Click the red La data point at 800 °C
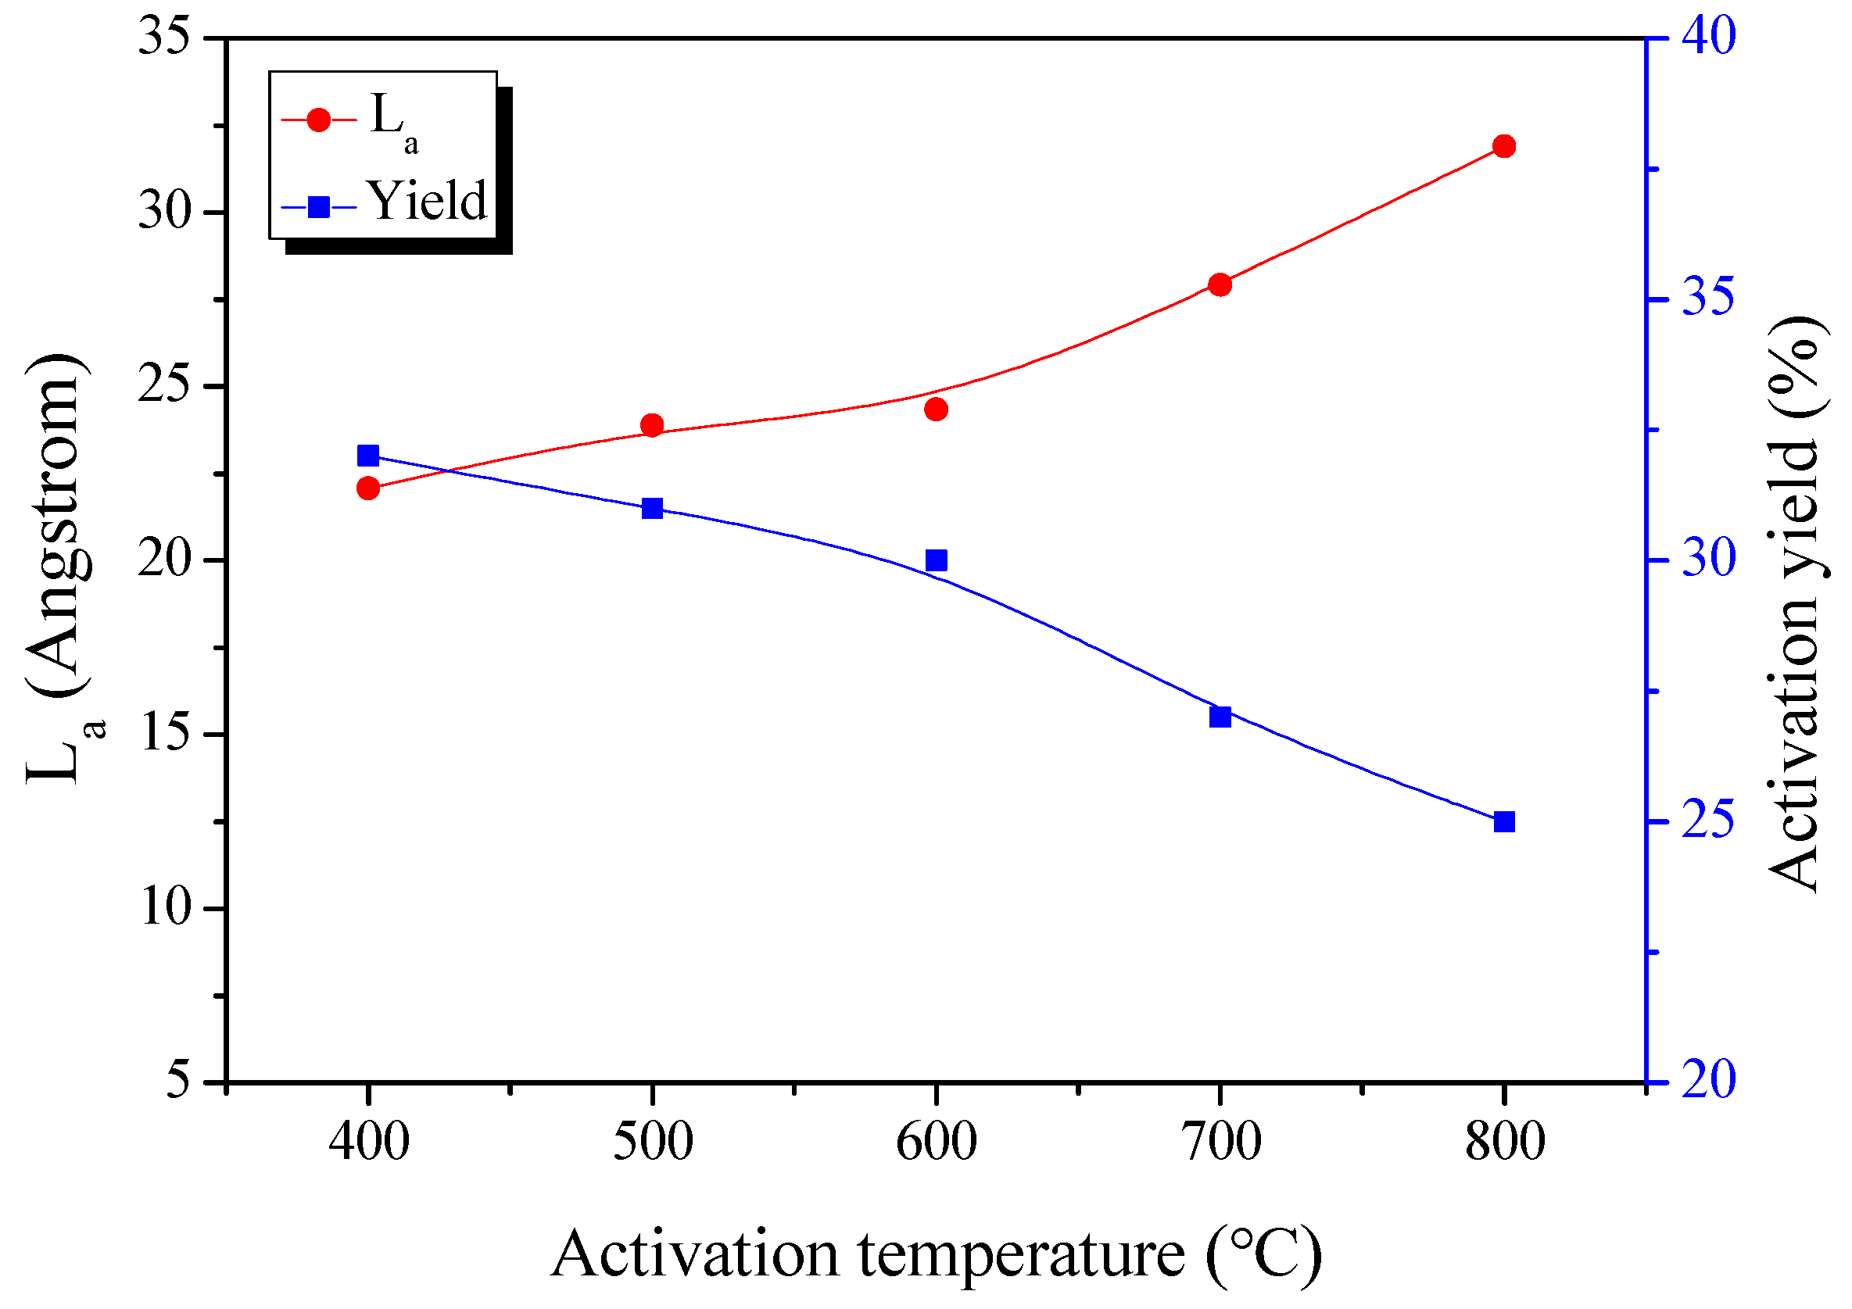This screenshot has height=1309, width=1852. [1503, 146]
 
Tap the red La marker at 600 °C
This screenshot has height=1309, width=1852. [936, 409]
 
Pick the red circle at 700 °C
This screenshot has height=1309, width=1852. [1220, 284]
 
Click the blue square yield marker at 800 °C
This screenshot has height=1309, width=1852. [1503, 822]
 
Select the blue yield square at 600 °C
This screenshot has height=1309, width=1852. [936, 560]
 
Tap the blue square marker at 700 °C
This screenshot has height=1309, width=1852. [1220, 716]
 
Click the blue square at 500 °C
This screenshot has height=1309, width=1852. [652, 508]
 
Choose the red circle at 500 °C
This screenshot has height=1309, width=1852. [652, 425]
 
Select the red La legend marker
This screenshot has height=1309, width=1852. [320, 120]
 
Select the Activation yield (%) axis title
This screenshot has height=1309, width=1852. [1794, 605]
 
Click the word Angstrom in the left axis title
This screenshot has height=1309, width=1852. [56, 524]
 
